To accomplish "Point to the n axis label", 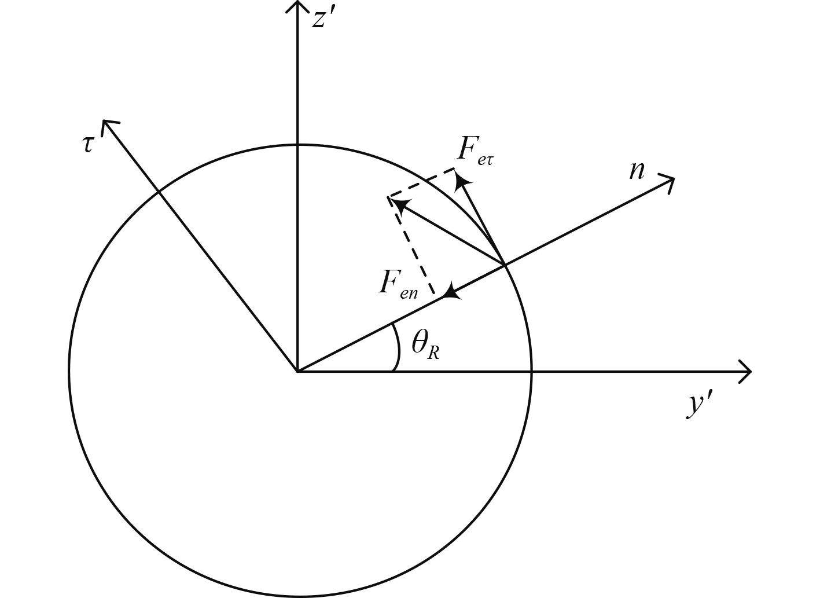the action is (637, 170).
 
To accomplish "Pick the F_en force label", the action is (398, 284).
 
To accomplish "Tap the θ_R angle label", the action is (425, 346).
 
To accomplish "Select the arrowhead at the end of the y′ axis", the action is (747, 370).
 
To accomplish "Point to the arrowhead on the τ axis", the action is (108, 125).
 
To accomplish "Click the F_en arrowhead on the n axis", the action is (451, 291).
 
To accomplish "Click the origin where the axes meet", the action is (297, 370).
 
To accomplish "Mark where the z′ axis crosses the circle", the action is (297, 144).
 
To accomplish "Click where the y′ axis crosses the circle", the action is (531, 370).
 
